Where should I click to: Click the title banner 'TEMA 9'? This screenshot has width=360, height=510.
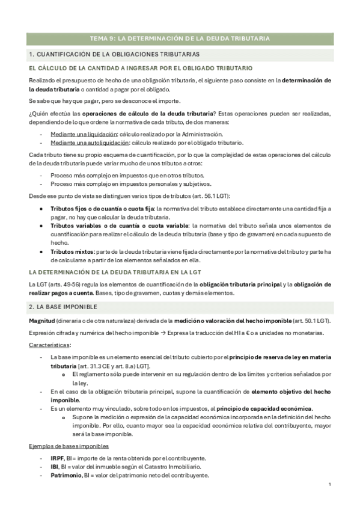pyautogui.click(x=180, y=38)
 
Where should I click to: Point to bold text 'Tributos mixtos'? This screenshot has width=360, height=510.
pyautogui.click(x=72, y=251)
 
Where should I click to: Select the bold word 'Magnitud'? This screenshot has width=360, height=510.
pyautogui.click(x=41, y=321)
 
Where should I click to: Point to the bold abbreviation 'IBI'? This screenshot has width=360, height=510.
pyautogui.click(x=54, y=467)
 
